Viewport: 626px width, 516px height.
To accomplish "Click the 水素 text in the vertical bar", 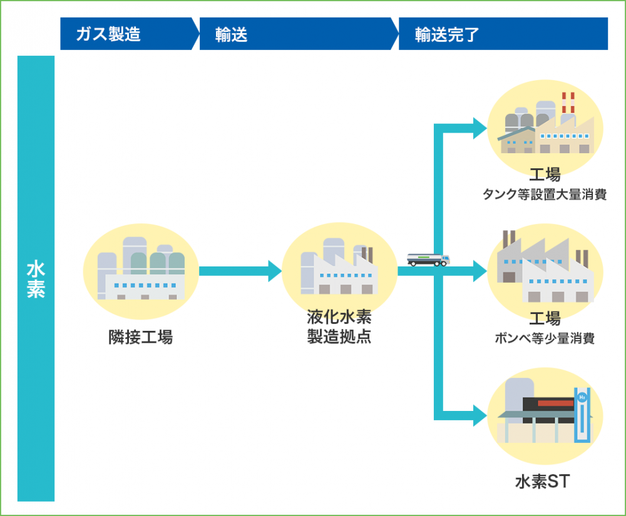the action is click(36, 279).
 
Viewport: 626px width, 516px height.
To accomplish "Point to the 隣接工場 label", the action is click(140, 337).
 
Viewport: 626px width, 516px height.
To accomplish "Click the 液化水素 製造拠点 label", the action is click(339, 326).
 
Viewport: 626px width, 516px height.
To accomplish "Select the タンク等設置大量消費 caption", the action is click(545, 194).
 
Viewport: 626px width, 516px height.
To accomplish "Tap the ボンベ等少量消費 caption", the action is click(545, 338).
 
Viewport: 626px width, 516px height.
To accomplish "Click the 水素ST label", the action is click(543, 482).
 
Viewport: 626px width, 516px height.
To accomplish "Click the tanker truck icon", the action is click(428, 260).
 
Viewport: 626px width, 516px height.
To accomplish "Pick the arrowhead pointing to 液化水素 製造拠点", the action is click(275, 271).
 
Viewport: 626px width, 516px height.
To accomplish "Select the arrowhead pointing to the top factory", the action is click(480, 128).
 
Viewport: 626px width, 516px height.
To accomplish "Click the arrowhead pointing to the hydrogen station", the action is click(480, 415).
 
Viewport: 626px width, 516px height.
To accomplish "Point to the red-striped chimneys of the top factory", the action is click(568, 103).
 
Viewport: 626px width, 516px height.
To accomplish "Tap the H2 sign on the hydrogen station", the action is click(582, 397).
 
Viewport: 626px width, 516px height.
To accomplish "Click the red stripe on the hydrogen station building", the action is click(556, 403).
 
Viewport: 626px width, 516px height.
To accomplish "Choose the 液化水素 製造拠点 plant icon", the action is click(339, 266).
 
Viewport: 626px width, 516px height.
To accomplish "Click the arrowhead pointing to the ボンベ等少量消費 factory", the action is click(480, 271).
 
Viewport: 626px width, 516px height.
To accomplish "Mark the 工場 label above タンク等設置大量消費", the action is click(545, 175).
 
